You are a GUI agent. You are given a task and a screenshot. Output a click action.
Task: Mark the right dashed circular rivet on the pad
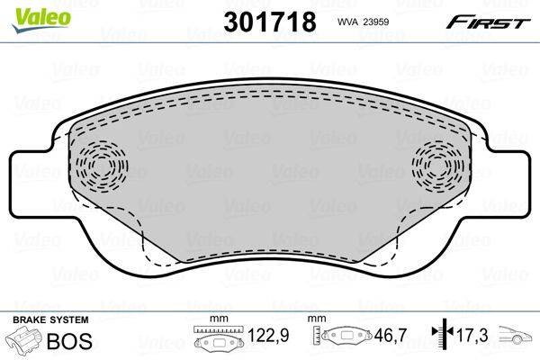(x=438, y=166)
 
